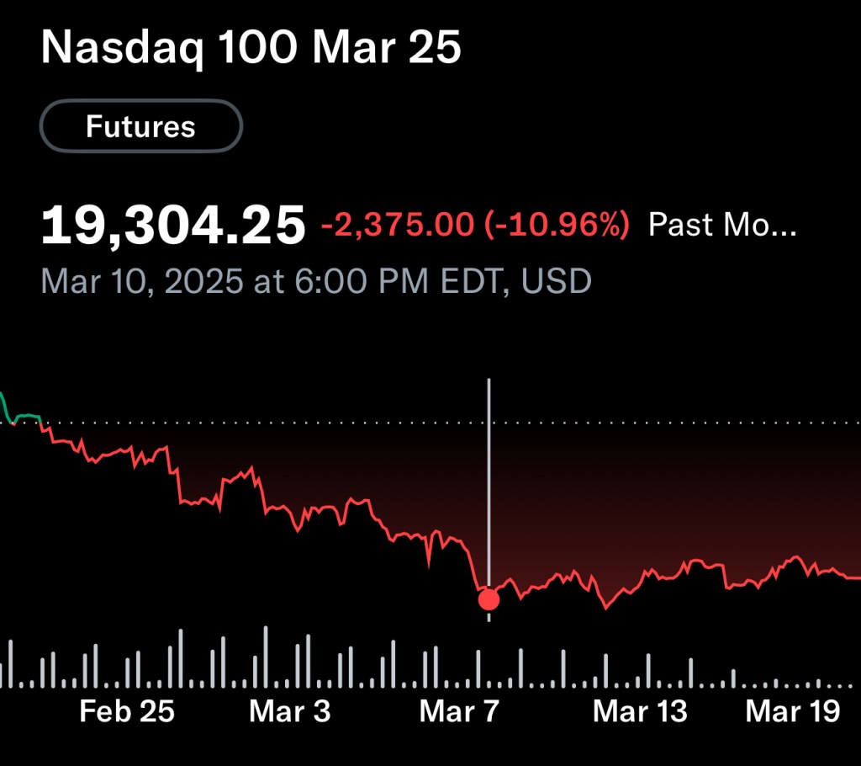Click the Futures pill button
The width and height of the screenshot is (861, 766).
point(140,127)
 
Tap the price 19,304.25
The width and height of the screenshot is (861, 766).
point(173,226)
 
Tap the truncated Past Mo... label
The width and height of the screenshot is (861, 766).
point(721,226)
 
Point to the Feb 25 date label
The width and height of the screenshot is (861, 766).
point(127,711)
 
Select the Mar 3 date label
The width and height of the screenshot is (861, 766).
point(290,711)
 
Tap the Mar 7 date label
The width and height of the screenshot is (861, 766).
point(459,711)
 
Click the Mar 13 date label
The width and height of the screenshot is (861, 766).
point(640,711)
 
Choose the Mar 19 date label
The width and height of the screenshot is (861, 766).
point(793,711)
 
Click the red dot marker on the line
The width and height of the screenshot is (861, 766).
point(489,599)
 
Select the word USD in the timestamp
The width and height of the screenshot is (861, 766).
point(557,281)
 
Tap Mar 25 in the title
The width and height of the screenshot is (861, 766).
point(387,50)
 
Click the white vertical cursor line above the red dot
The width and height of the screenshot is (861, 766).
point(489,471)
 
